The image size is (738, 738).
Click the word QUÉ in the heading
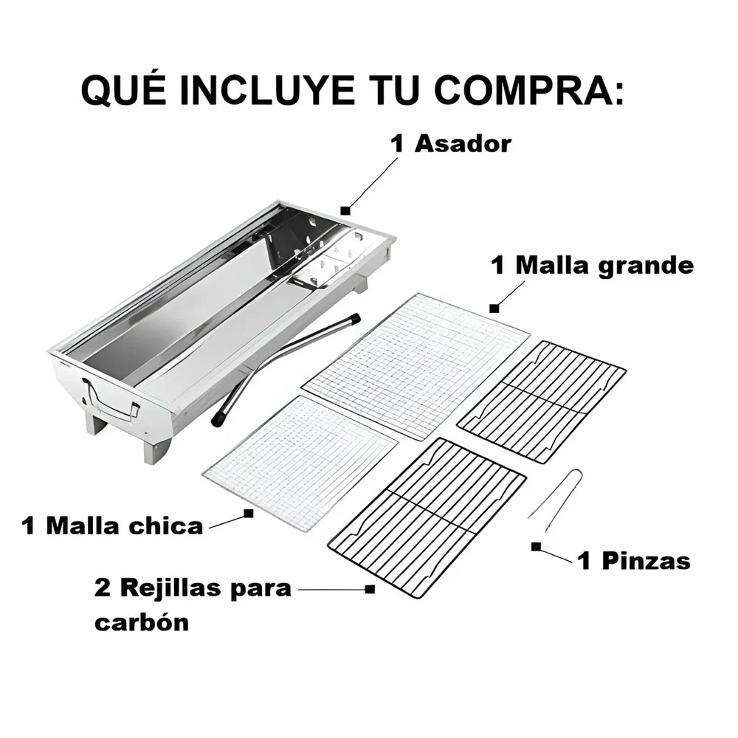click(124, 89)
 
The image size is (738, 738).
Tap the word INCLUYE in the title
click(267, 90)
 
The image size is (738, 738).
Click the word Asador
click(463, 144)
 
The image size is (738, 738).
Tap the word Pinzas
click(646, 561)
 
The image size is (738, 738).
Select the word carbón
click(142, 621)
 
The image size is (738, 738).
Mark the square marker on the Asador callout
click(345, 210)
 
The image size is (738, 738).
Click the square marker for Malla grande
click(494, 308)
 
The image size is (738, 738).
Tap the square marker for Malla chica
click(249, 513)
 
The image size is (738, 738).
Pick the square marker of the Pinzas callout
click(536, 546)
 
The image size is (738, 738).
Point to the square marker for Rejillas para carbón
click(370, 589)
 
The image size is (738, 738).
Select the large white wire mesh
click(415, 366)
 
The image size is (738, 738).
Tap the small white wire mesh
click(300, 463)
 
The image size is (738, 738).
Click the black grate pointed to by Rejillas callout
click(427, 518)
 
